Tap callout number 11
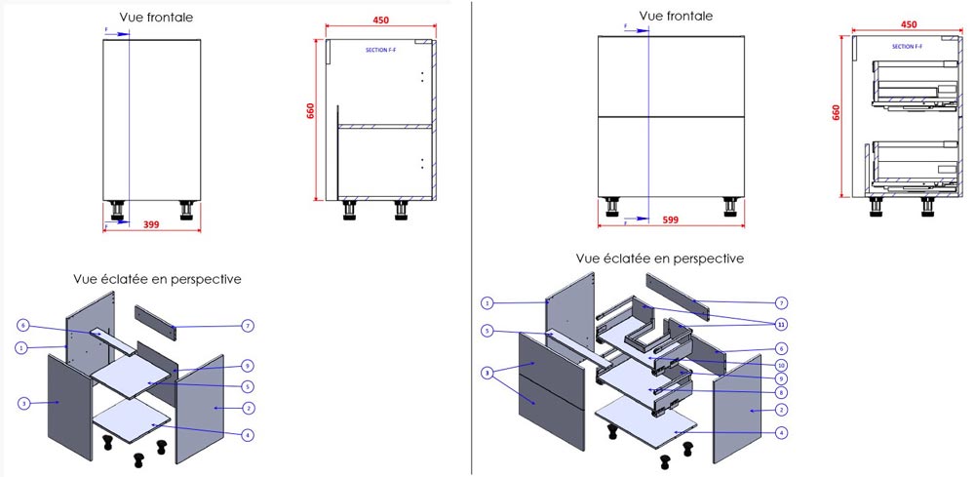pyautogui.click(x=781, y=323)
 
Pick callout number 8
pyautogui.click(x=781, y=393)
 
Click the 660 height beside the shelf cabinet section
pyautogui.click(x=311, y=111)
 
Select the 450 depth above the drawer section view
pyautogui.click(x=909, y=25)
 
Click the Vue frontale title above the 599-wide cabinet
pyautogui.click(x=675, y=16)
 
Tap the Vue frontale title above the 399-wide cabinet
pyautogui.click(x=156, y=18)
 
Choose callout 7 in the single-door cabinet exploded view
pyautogui.click(x=249, y=325)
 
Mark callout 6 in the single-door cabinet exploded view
pyautogui.click(x=22, y=325)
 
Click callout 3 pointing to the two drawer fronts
pyautogui.click(x=486, y=373)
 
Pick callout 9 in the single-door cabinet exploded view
pyautogui.click(x=249, y=366)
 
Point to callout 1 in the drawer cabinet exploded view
pyautogui.click(x=487, y=302)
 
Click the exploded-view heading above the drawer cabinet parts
pyautogui.click(x=659, y=258)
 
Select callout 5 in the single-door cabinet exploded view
pyautogui.click(x=249, y=385)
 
